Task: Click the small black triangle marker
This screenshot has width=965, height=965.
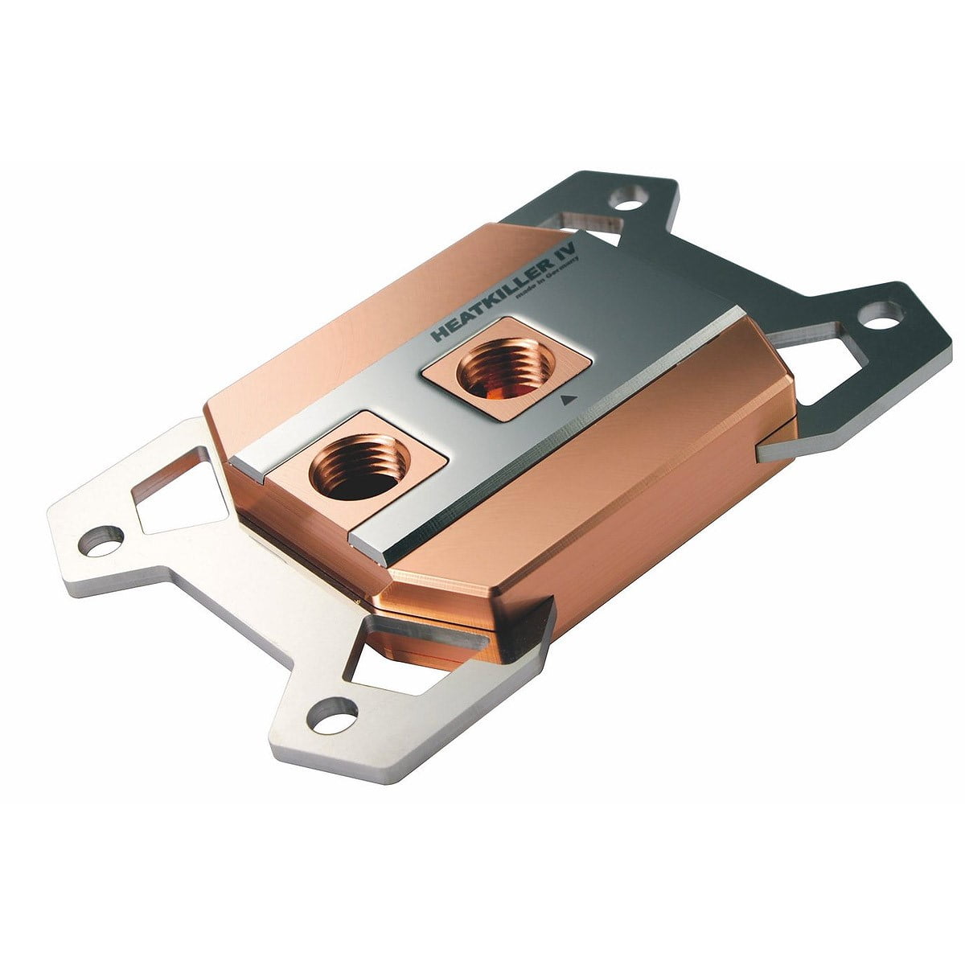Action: (x=569, y=397)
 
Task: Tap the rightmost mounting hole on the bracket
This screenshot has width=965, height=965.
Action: (x=879, y=317)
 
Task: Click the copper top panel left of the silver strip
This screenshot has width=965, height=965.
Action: (x=338, y=338)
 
